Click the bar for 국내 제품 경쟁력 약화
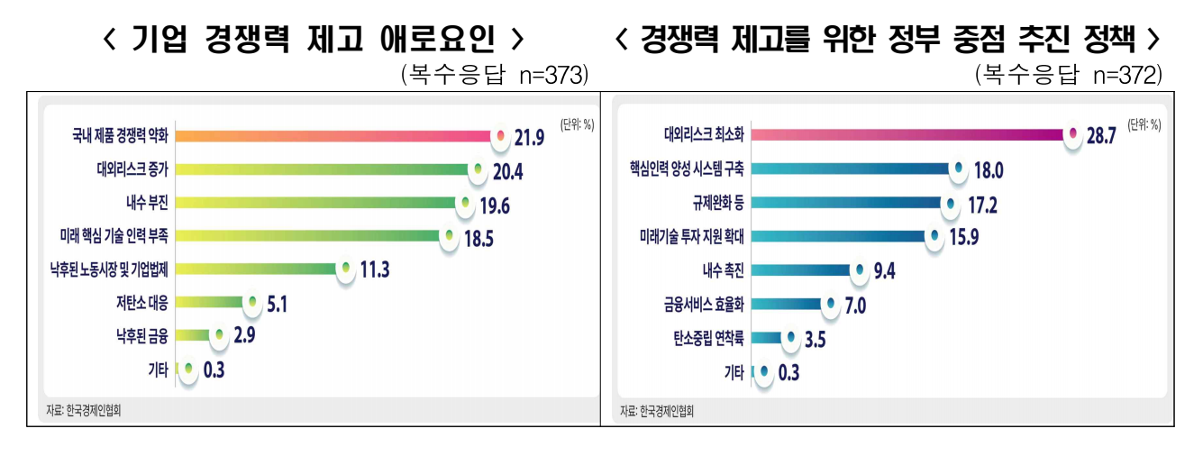coord(333,136)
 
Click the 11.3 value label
coord(373,269)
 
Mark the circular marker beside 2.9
coord(218,335)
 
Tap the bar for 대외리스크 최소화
coord(906,135)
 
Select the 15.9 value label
coord(965,237)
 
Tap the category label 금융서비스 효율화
coord(698,304)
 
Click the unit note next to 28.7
coord(1144,125)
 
